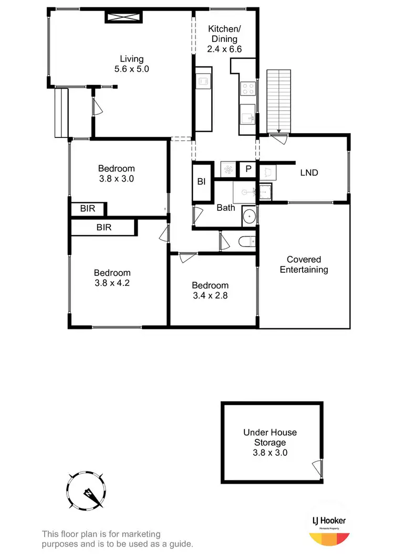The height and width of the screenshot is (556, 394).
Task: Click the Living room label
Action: [131, 63]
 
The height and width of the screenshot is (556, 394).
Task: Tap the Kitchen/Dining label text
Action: [223, 34]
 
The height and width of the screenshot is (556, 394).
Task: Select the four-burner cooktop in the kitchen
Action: [247, 89]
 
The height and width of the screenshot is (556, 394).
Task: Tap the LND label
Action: [309, 172]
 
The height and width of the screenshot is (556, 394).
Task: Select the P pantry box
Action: [247, 169]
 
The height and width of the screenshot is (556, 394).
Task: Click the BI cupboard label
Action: [201, 182]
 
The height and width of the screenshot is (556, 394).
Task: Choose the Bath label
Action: [226, 208]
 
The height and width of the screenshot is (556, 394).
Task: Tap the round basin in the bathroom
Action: [249, 216]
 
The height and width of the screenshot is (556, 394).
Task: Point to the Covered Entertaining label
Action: [304, 264]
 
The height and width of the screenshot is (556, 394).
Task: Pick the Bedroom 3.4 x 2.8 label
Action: [210, 290]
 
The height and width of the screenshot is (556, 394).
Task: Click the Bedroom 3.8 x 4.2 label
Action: [112, 277]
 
